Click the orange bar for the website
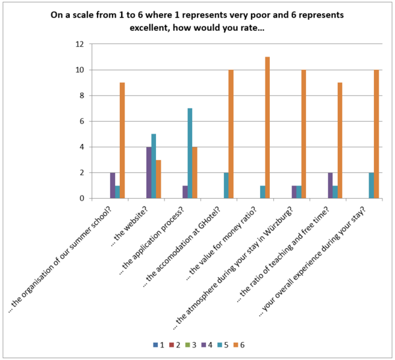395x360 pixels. (159, 179)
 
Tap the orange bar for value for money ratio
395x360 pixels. (267, 128)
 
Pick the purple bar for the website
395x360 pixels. (149, 172)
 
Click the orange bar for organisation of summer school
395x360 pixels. (122, 140)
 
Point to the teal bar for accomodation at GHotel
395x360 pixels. (226, 186)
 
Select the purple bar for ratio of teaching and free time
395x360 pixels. (330, 186)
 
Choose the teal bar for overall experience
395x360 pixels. (371, 186)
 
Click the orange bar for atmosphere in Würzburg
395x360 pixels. (303, 134)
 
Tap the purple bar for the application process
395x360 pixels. (185, 192)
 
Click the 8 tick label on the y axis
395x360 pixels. (80, 95)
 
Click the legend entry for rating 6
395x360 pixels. (239, 345)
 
